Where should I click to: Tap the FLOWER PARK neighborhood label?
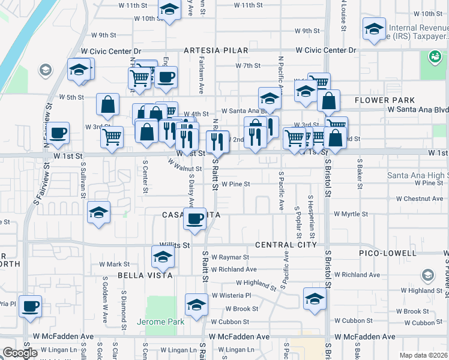[x=384, y=100]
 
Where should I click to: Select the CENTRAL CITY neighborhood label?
[x=285, y=245]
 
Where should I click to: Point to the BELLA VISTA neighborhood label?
[x=146, y=275]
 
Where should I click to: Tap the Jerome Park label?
[x=160, y=322]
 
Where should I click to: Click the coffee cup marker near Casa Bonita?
[x=194, y=219]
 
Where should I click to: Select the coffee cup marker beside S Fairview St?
[x=58, y=133]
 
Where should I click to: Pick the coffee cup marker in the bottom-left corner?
[x=30, y=307]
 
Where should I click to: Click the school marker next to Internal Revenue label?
[x=375, y=28]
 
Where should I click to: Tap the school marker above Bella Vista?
[x=162, y=257]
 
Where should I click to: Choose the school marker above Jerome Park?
[x=196, y=305]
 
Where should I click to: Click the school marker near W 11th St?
[x=169, y=10]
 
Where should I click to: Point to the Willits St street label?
[x=174, y=245]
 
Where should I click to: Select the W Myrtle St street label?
[x=351, y=214]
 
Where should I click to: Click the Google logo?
[x=20, y=353]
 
